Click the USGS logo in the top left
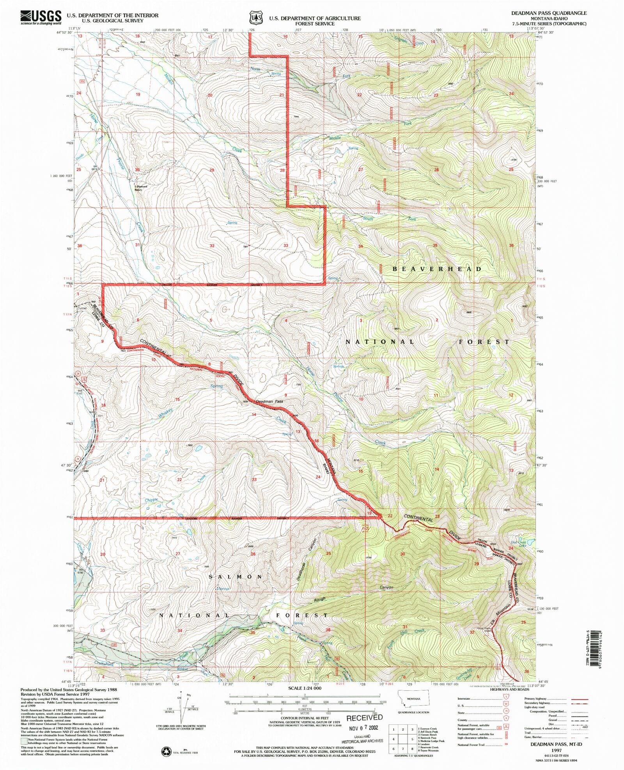pyautogui.click(x=41, y=17)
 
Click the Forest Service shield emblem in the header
pyautogui.click(x=256, y=18)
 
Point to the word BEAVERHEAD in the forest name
pyautogui.click(x=437, y=269)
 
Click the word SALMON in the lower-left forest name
pyautogui.click(x=236, y=576)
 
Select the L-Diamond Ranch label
pyautogui.click(x=138, y=188)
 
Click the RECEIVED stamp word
pyautogui.click(x=365, y=718)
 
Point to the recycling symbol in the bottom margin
pyautogui.click(x=167, y=750)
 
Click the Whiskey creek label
pyautogui.click(x=165, y=413)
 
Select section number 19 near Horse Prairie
pyautogui.click(x=138, y=94)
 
